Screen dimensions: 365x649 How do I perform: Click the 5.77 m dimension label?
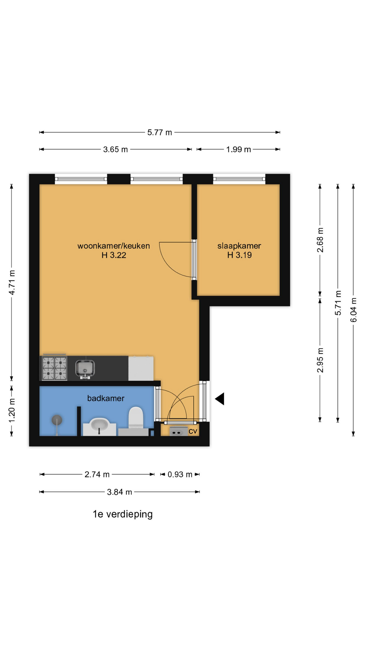(160, 133)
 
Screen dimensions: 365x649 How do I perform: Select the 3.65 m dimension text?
(116, 149)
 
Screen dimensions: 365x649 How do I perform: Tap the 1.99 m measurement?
(239, 149)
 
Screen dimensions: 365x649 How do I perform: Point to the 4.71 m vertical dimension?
(12, 283)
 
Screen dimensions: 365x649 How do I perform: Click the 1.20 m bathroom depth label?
(12, 410)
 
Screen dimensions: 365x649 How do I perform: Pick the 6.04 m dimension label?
(354, 310)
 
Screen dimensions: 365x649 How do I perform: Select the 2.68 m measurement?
(320, 240)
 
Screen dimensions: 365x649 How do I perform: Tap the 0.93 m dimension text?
(180, 475)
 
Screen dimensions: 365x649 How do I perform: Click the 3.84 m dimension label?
(120, 492)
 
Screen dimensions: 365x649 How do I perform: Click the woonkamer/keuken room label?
(114, 246)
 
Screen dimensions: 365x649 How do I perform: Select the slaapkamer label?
(239, 246)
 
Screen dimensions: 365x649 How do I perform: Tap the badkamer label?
(106, 399)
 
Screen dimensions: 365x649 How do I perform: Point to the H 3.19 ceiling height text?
(240, 255)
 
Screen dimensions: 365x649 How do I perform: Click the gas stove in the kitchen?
(54, 368)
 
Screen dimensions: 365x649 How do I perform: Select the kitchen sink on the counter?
(85, 369)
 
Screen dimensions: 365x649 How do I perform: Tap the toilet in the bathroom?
(136, 418)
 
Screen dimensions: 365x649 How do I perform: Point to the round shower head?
(57, 420)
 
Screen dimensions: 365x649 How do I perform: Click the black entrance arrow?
(220, 399)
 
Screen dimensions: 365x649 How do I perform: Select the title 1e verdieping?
(123, 514)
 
